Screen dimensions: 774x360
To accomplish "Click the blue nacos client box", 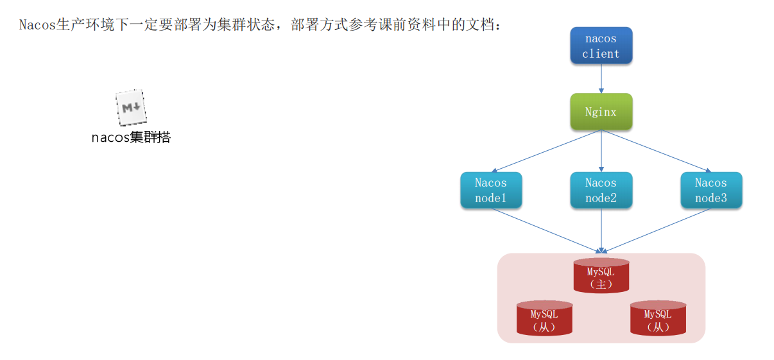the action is [x=601, y=46].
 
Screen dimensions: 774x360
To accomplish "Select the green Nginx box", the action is [x=601, y=112].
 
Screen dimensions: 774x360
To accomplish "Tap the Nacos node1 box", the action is [x=491, y=190].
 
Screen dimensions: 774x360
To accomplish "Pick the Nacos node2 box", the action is [x=601, y=190].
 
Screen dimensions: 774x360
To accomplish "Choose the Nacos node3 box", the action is [x=711, y=190].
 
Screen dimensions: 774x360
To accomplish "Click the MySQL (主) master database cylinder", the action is [x=601, y=276].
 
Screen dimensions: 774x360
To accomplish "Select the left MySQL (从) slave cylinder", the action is [x=544, y=318].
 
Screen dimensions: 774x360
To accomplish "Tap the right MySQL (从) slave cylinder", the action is [x=658, y=318].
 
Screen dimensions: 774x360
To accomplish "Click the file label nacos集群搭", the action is [x=131, y=137].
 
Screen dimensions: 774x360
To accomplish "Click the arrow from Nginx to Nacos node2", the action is [x=601, y=151].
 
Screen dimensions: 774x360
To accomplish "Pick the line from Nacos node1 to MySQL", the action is [x=546, y=229].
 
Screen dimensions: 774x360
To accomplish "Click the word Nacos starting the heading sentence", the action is [x=37, y=25].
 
